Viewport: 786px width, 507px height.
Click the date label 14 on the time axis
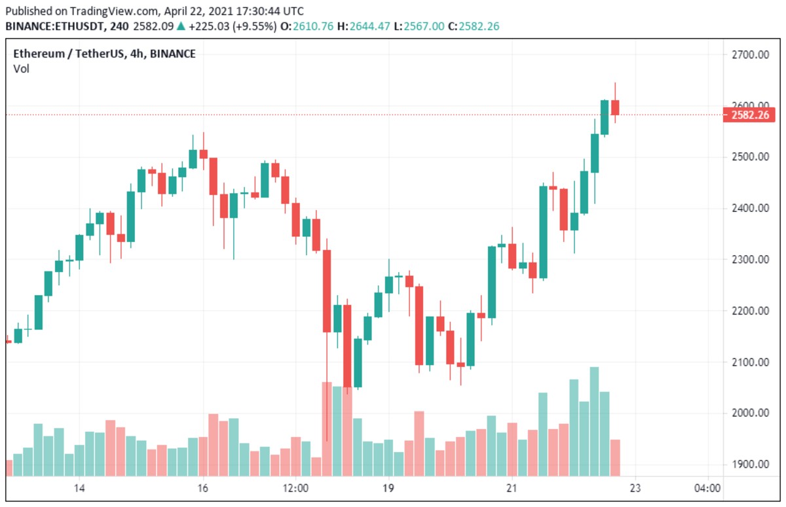coord(80,488)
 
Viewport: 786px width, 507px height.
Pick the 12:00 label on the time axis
coord(295,488)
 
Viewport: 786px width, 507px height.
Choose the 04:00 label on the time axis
coord(707,488)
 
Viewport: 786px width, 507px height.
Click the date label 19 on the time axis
coord(388,488)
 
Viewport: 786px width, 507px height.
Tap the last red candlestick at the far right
coord(615,107)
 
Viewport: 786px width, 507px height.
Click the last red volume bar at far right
coord(615,457)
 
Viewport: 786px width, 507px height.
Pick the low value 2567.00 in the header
coord(424,26)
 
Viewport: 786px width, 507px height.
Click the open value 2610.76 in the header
coord(314,26)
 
